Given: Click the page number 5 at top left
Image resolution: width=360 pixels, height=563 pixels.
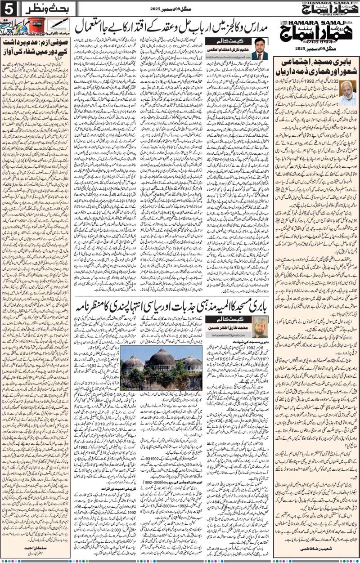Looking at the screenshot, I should pos(8,8).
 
